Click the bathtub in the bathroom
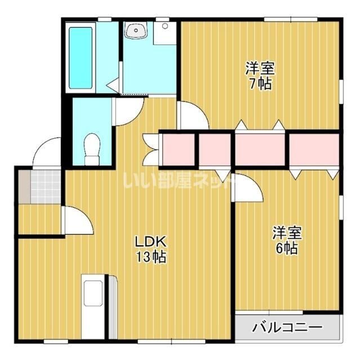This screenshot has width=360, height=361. (x=80, y=58)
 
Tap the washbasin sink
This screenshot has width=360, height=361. (x=136, y=30)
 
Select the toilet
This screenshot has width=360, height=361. (x=92, y=149)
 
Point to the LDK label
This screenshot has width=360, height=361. (x=150, y=242)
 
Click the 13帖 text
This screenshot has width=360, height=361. (x=151, y=257)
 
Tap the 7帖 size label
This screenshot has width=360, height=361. (x=260, y=83)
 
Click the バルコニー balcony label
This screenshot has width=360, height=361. (x=287, y=327)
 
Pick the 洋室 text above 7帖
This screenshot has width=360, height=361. (x=260, y=68)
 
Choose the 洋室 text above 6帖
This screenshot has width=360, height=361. (x=287, y=233)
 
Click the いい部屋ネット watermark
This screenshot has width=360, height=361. (x=177, y=180)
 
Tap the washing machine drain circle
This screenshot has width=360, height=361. (x=165, y=26)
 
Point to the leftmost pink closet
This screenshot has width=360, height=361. (x=179, y=149)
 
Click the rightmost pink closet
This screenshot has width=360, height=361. (x=314, y=149)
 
